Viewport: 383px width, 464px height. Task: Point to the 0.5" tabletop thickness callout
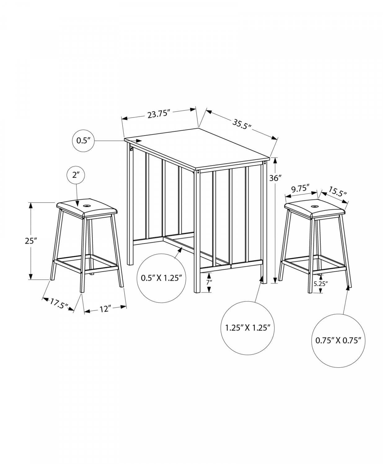click(x=83, y=141)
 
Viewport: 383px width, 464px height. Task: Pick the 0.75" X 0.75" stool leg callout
click(x=338, y=346)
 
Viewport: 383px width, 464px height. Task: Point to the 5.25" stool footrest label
click(x=321, y=284)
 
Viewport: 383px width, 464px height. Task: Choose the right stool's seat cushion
click(x=315, y=209)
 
